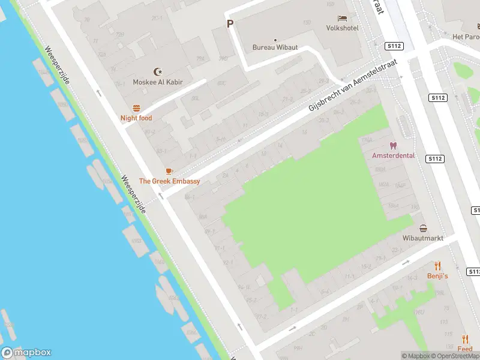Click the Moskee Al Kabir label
tap(158, 82)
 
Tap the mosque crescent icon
tap(158, 71)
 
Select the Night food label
tap(136, 118)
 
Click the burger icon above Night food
tap(136, 108)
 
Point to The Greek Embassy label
tap(169, 181)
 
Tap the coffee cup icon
tap(169, 171)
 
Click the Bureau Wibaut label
tap(275, 47)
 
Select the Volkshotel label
tap(342, 28)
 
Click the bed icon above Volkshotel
tap(342, 18)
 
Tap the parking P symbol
tap(229, 24)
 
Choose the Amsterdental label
tap(394, 155)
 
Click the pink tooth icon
tap(394, 145)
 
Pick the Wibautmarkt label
tap(424, 238)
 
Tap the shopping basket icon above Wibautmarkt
tap(424, 228)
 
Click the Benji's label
tap(437, 276)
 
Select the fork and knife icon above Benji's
tap(437, 266)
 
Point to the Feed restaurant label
tap(465, 349)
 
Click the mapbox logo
tap(26, 353)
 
